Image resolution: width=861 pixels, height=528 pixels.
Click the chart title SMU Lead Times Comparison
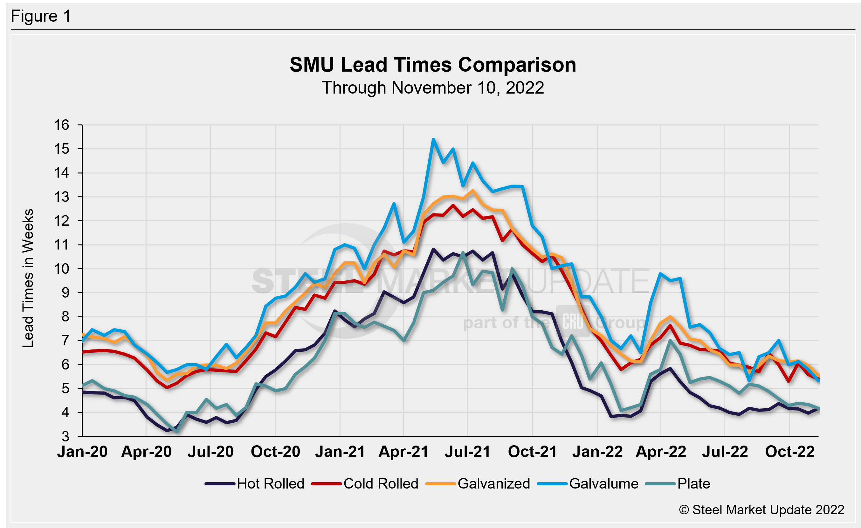pyautogui.click(x=433, y=65)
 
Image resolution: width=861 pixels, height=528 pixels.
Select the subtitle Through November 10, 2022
pyautogui.click(x=433, y=88)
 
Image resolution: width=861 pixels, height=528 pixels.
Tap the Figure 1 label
pyautogui.click(x=41, y=16)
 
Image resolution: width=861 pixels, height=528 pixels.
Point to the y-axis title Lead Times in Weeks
pyautogui.click(x=28, y=278)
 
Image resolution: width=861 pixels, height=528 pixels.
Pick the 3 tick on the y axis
pyautogui.click(x=65, y=436)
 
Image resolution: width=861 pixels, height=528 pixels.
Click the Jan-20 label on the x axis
pyautogui.click(x=82, y=452)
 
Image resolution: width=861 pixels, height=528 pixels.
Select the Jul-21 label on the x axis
pyautogui.click(x=467, y=452)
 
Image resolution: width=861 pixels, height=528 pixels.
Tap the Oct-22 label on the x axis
pyautogui.click(x=790, y=452)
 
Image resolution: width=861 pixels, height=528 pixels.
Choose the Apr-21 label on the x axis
pyautogui.click(x=403, y=452)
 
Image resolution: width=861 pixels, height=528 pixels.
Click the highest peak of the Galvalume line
pyautogui.click(x=433, y=139)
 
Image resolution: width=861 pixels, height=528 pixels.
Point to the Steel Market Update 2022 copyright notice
pyautogui.click(x=761, y=510)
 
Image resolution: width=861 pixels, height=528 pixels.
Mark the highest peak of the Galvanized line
pyautogui.click(x=473, y=191)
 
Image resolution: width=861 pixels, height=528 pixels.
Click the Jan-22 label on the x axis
pyautogui.click(x=597, y=452)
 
